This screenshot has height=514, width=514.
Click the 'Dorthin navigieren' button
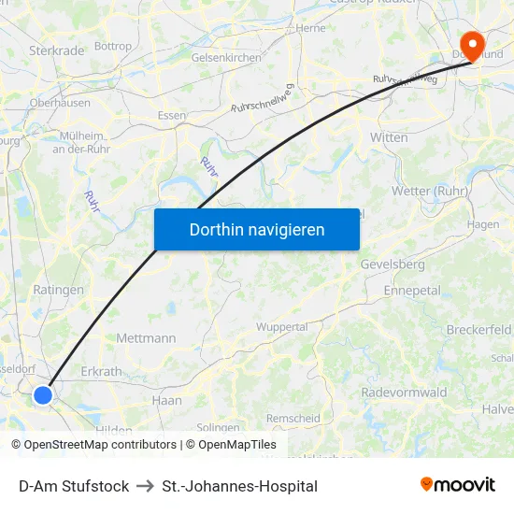point(257,229)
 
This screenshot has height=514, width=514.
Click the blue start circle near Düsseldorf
point(43,395)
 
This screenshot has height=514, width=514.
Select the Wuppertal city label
point(282,327)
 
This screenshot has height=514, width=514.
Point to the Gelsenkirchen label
point(226,58)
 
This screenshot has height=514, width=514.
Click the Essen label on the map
point(172,115)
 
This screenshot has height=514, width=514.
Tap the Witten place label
point(389,137)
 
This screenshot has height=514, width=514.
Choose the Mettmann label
point(146,337)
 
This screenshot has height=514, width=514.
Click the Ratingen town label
point(58,290)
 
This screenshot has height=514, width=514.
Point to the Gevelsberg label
point(393,264)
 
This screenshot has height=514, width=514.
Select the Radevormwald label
point(404,393)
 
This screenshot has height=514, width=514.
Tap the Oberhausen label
point(60,103)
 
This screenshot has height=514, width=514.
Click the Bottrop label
point(113,46)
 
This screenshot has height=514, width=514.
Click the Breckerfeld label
point(478,330)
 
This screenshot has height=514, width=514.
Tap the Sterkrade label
point(57,50)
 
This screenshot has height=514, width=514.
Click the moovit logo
point(457,484)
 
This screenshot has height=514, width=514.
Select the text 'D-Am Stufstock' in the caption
point(74,486)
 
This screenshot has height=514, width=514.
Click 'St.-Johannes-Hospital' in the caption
point(239,486)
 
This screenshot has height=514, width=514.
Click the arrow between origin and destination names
point(145,486)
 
